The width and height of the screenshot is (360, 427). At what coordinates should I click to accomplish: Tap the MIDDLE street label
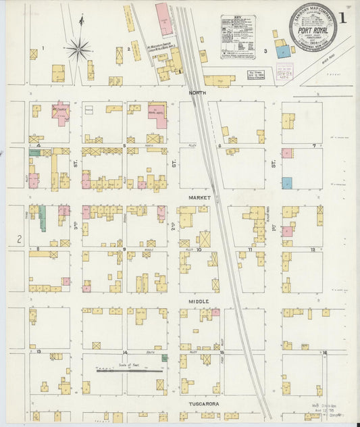tap(199, 301)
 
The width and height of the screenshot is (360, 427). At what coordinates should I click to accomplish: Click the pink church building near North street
tap(60, 110)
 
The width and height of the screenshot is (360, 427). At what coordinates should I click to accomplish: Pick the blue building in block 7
tap(287, 182)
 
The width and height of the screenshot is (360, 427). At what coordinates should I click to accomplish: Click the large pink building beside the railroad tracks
tap(163, 19)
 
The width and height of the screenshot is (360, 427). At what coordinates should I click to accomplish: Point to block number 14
tap(125, 352)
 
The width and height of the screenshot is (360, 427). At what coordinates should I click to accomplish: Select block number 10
tap(199, 249)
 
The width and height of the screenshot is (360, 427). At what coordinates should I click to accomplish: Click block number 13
tap(39, 352)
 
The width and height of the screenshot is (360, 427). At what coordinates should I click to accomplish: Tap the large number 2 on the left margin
tap(20, 238)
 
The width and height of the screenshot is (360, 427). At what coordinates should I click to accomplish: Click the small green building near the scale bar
tap(164, 357)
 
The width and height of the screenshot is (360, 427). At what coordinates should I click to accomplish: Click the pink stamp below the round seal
tap(284, 71)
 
